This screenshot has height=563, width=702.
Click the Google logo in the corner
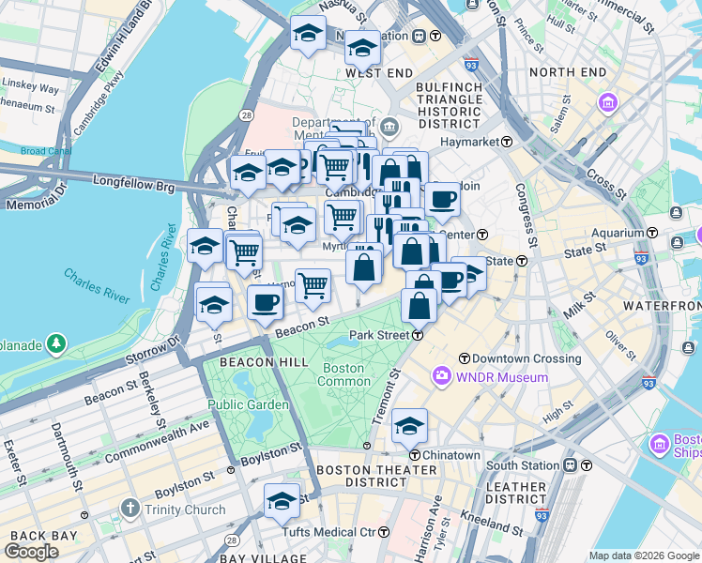tap(31, 552)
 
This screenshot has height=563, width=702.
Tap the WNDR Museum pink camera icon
tap(441, 376)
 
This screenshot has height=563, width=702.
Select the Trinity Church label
tap(184, 510)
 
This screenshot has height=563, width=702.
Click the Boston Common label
tap(343, 374)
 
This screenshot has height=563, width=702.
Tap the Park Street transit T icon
tap(417, 335)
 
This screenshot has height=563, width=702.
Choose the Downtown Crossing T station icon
tap(464, 358)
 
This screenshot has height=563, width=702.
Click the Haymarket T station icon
tap(507, 142)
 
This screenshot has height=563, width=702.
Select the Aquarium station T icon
tap(652, 233)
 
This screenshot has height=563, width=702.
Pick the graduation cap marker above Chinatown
tap(409, 425)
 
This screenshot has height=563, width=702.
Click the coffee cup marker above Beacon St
tap(266, 302)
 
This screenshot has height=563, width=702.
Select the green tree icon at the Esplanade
tap(56, 344)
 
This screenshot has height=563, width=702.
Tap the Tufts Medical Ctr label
tap(336, 532)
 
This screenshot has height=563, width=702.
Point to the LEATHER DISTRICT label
tap(517, 494)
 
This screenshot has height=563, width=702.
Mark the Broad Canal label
tap(45, 151)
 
